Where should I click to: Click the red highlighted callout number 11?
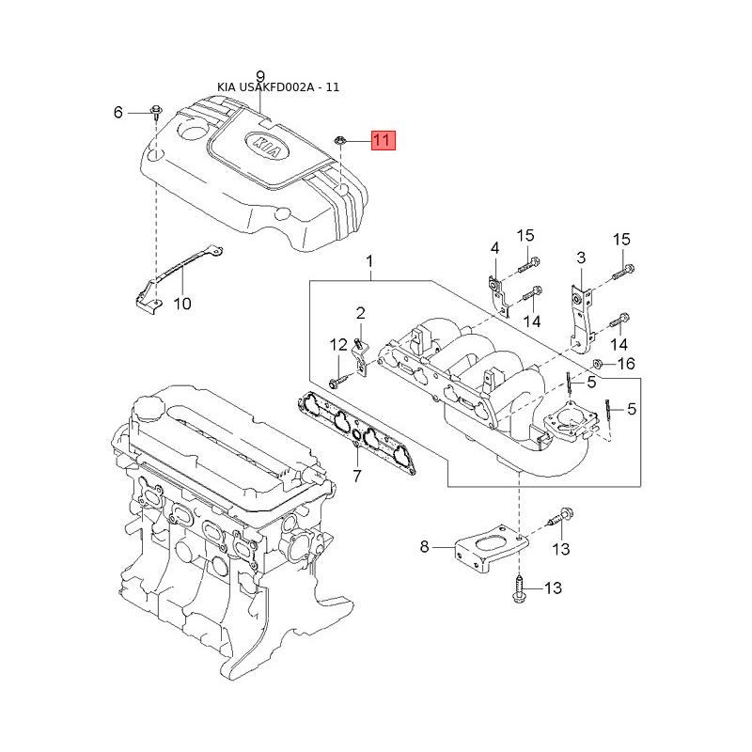(x=384, y=140)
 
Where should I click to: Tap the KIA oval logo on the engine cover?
(x=267, y=146)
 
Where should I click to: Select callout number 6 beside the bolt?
(x=118, y=112)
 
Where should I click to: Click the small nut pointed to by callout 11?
(x=338, y=140)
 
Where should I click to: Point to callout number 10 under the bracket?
(x=182, y=304)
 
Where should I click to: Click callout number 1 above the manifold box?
(x=369, y=261)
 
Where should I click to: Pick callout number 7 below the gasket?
(x=357, y=476)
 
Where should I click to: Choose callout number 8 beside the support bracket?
(x=424, y=546)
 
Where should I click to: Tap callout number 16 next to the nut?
(x=626, y=364)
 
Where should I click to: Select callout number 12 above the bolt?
(x=338, y=344)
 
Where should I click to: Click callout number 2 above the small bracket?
(x=361, y=313)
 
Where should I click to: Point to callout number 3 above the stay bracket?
(x=581, y=258)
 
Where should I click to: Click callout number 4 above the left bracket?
(x=494, y=247)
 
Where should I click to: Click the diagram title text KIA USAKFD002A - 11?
(x=278, y=87)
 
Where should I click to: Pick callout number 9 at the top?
(x=260, y=76)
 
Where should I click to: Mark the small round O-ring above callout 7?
(x=357, y=435)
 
